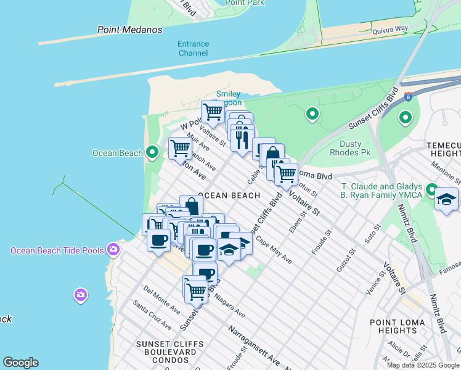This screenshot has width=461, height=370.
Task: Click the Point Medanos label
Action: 129,30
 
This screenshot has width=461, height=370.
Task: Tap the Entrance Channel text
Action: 193,49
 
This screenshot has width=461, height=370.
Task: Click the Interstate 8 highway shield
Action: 408,96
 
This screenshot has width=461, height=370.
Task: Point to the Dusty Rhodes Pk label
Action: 350,148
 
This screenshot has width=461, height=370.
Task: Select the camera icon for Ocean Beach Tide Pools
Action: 113,249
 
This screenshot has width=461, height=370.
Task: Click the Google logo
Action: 20,363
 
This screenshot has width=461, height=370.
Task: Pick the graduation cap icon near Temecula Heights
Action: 446,200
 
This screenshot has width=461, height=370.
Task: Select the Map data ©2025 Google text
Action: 423,365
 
